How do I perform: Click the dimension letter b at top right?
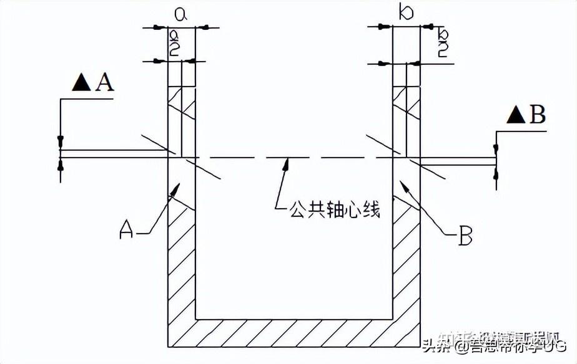pos(406,13)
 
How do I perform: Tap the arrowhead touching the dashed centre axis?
pos(285,163)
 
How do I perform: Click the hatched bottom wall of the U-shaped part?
pos(293,333)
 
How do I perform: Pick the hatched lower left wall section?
pos(182,268)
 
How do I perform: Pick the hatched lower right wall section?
pos(406,268)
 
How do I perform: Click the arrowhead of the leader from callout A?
pos(177,187)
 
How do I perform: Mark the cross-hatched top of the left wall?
pos(182,103)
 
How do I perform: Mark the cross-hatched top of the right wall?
pos(406,103)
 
